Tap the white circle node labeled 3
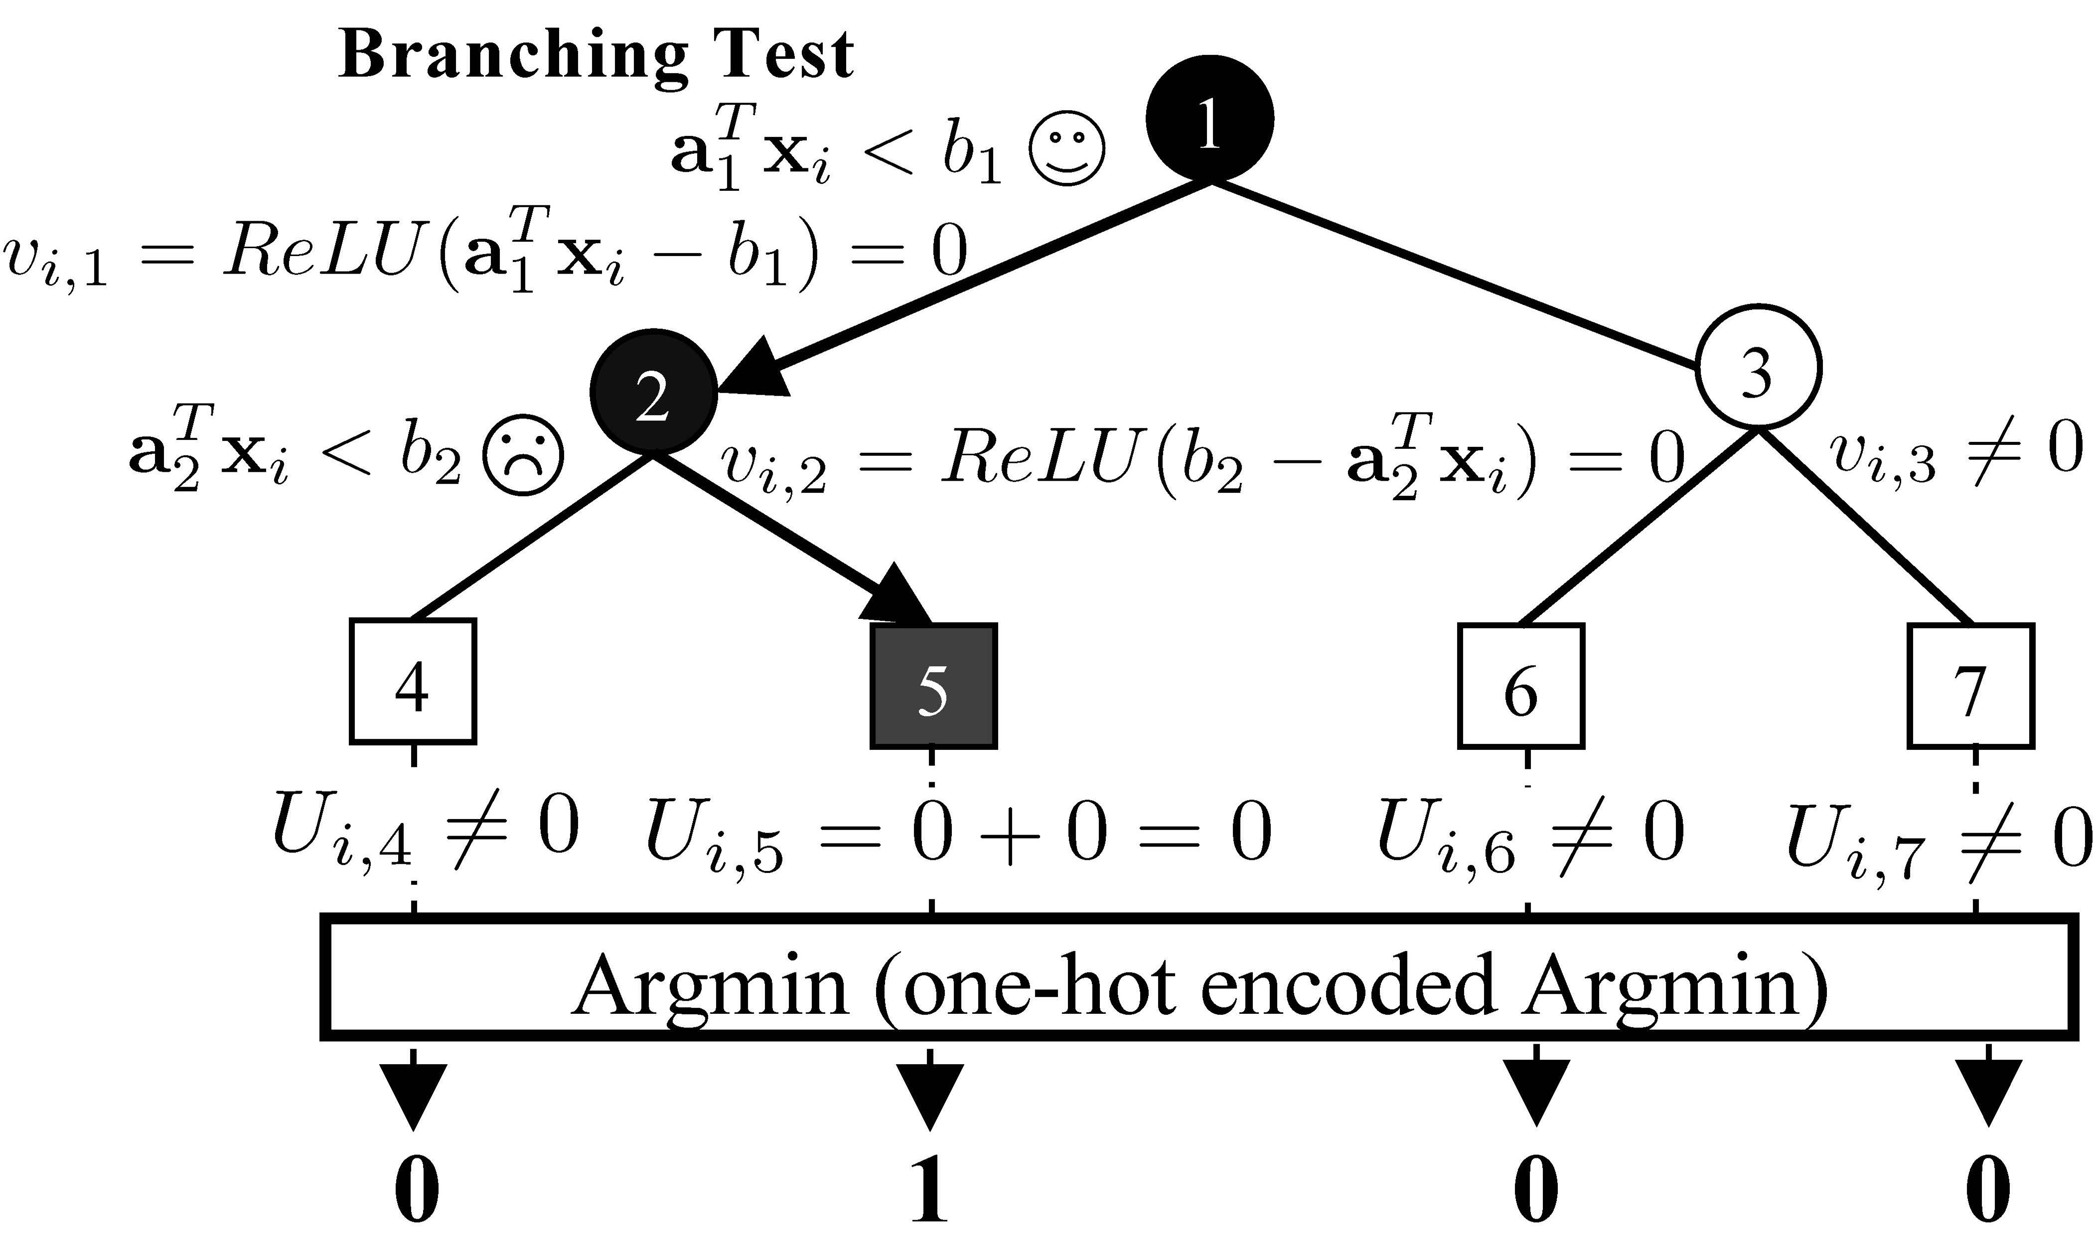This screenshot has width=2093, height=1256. [x=1758, y=367]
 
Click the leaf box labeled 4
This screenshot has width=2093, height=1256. [x=413, y=682]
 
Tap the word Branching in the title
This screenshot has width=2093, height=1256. [x=512, y=55]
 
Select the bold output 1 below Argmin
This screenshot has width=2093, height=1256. [x=929, y=1192]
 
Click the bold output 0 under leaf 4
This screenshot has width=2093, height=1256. [x=417, y=1192]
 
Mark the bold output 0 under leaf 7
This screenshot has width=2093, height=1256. [x=1986, y=1192]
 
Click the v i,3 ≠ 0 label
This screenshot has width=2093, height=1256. [x=1955, y=453]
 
